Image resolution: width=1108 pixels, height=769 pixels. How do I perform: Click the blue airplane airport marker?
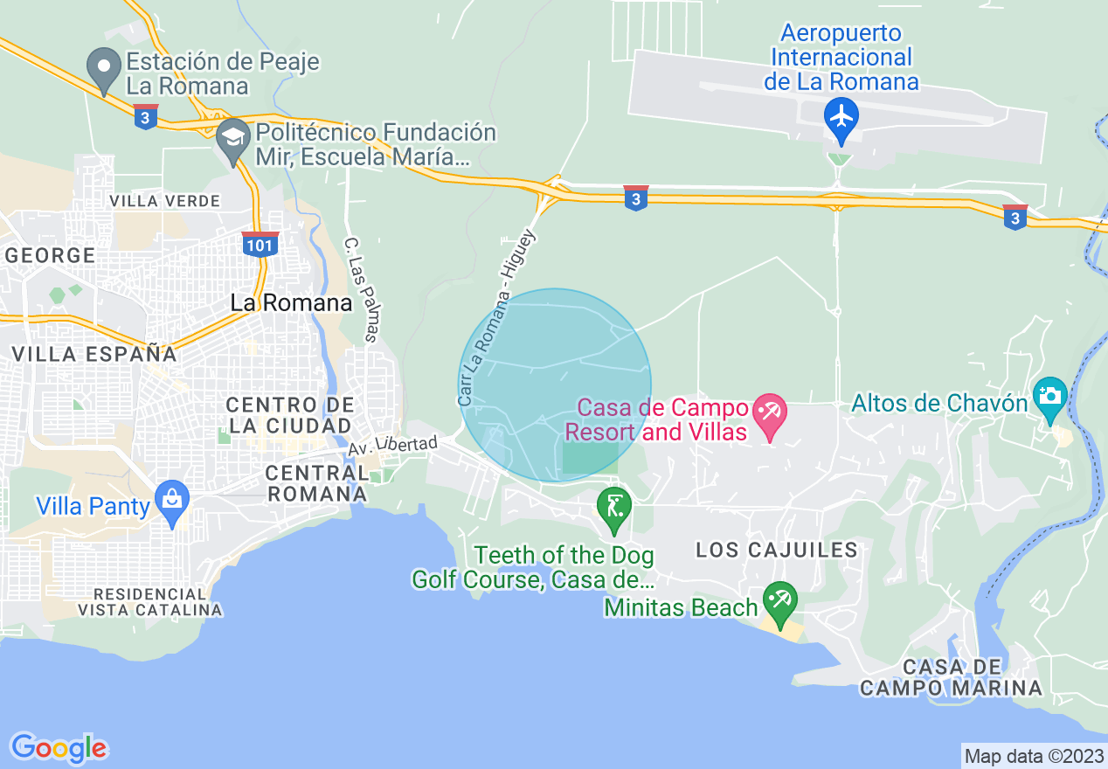(841, 117)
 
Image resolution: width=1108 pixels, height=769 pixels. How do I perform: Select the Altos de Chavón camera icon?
(1049, 395)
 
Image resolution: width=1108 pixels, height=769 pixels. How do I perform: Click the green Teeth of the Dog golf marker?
(614, 507)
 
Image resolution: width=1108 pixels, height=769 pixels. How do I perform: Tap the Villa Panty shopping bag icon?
(171, 500)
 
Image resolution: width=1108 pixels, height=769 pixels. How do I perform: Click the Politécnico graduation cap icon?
(232, 137)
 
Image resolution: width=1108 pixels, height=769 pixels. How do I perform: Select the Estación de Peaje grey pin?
(104, 67)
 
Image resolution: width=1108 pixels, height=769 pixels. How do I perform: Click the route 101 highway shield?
(260, 244)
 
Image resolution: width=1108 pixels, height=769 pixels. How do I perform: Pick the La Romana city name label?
(291, 303)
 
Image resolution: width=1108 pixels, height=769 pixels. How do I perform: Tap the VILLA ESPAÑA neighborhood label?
(94, 354)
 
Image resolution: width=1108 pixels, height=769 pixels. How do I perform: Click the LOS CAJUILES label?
(777, 550)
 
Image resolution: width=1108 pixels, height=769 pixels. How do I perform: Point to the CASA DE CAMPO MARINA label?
(951, 677)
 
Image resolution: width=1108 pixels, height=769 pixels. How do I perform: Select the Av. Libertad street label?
(392, 446)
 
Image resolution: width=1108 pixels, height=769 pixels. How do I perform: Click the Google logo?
(59, 748)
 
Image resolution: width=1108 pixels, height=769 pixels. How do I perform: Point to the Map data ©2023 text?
(1032, 755)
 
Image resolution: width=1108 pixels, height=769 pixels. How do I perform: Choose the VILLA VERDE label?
(164, 201)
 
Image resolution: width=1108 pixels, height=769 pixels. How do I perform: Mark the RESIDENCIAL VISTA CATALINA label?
(149, 601)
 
